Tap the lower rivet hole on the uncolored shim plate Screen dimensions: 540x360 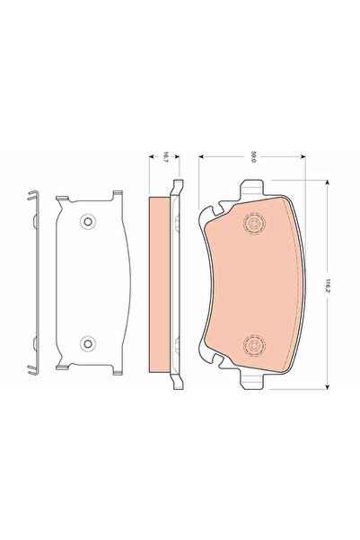[x=87, y=342]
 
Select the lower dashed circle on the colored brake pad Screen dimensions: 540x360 [x=254, y=342]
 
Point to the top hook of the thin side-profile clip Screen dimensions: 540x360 [x=31, y=195]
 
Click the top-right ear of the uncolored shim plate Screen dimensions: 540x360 [x=116, y=194]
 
